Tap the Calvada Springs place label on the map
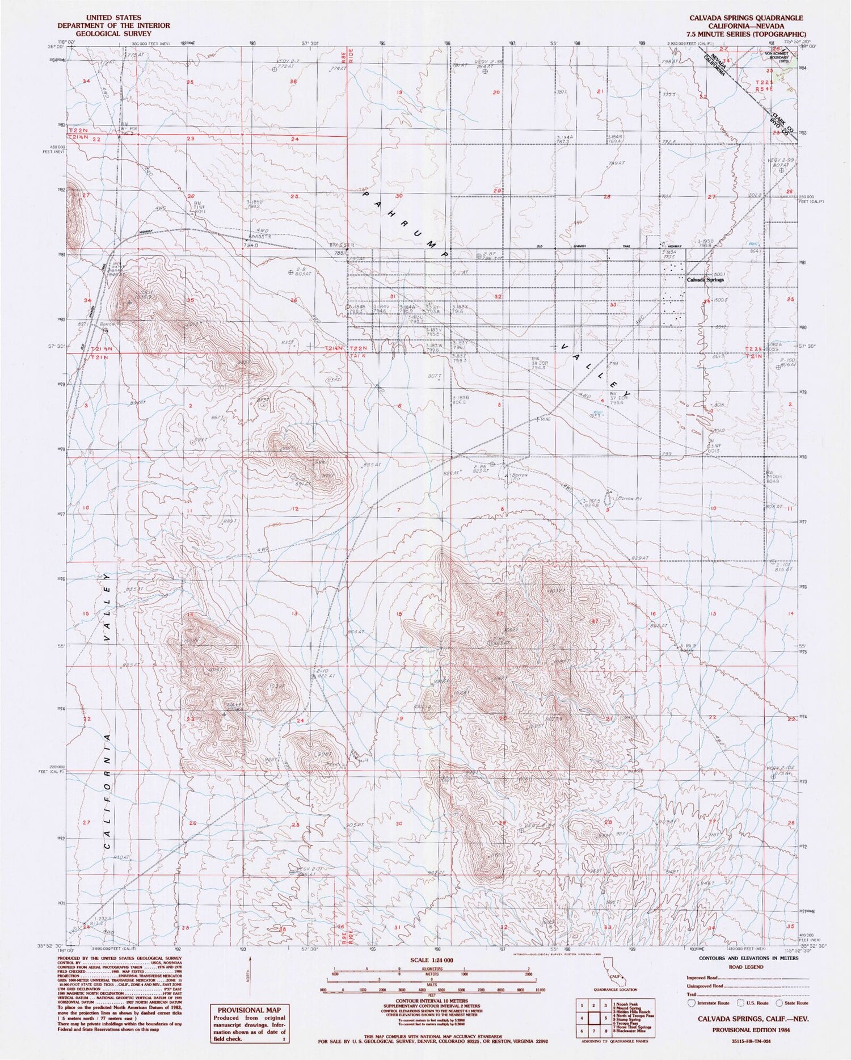point(705,280)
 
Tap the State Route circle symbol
point(787,1003)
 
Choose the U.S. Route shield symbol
point(739,1003)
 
